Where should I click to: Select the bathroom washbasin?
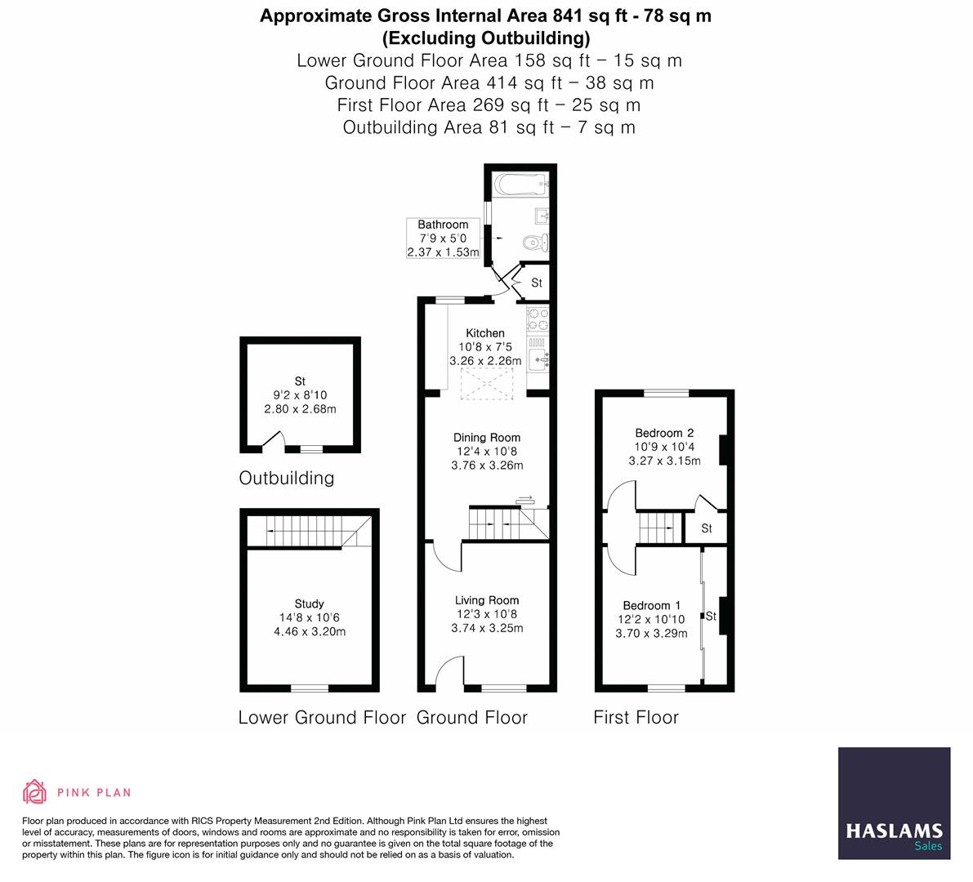(540, 216)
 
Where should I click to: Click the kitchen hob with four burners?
(538, 319)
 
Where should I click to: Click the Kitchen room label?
(485, 333)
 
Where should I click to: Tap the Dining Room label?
(487, 438)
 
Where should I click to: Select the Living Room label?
(487, 600)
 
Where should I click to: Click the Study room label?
(310, 604)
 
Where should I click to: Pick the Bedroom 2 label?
(664, 433)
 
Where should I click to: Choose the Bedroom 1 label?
(651, 605)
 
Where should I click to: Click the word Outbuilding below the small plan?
(287, 478)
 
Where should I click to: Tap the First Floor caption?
(636, 717)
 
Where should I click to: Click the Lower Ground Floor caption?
(322, 717)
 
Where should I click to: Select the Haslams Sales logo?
(894, 803)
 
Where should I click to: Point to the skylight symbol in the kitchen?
(487, 384)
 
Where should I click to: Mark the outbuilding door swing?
(272, 441)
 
